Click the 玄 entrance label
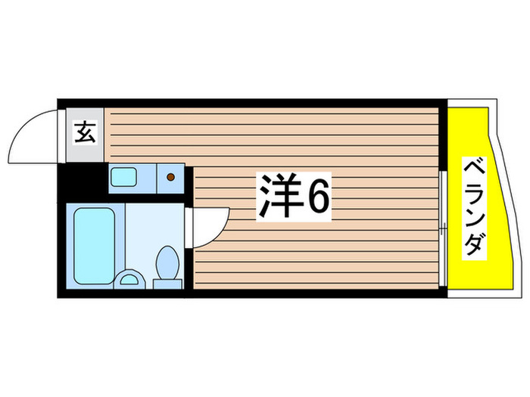[85, 134]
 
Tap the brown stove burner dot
[170, 178]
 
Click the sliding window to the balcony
[441, 227]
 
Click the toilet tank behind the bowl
[167, 284]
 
